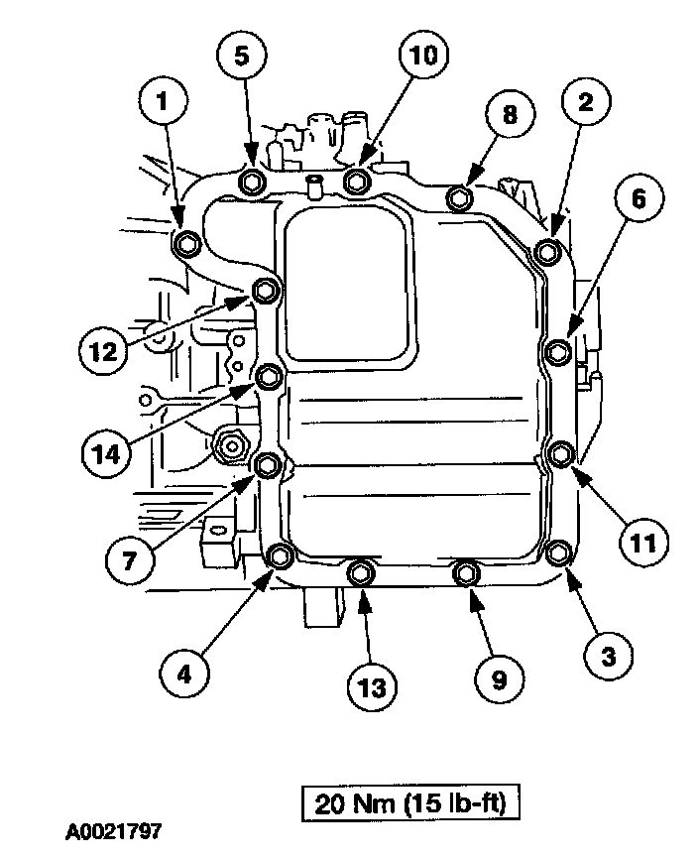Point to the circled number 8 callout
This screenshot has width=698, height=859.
[510, 115]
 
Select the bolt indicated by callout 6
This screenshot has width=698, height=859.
[558, 350]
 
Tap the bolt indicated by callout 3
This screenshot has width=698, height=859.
[559, 552]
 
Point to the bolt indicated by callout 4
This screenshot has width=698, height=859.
[280, 554]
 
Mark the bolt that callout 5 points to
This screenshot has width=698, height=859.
[252, 182]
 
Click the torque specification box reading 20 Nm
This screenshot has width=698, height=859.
[410, 801]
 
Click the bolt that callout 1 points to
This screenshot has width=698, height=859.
[185, 243]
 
